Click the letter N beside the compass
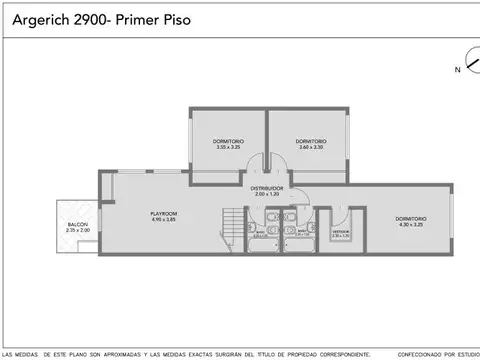pyautogui.click(x=457, y=69)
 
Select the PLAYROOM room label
pyautogui.click(x=163, y=213)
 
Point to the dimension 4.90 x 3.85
pyautogui.click(x=163, y=220)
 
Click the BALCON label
pyautogui.click(x=77, y=224)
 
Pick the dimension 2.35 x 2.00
pyautogui.click(x=77, y=231)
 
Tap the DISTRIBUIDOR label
pyautogui.click(x=267, y=187)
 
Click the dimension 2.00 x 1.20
pyautogui.click(x=267, y=194)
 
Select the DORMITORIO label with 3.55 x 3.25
pyautogui.click(x=228, y=141)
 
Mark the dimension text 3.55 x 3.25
pyautogui.click(x=228, y=148)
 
